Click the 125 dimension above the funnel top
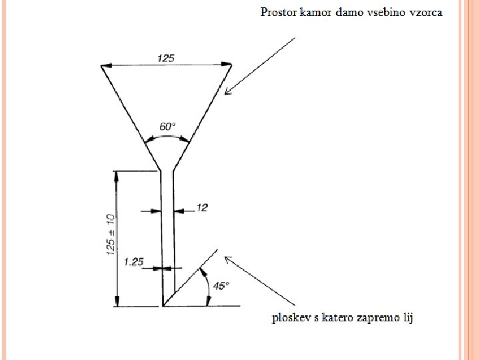[x=166, y=58]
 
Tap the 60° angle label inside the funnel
[x=168, y=125]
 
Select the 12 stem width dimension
[x=202, y=208]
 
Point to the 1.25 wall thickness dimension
[x=133, y=262]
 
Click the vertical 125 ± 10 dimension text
[x=110, y=234]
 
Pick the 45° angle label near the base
[x=221, y=285]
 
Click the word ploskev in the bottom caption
[x=289, y=317]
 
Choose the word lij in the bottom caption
[x=407, y=318]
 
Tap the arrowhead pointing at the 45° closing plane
[x=227, y=259]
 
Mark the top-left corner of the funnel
[x=101, y=65]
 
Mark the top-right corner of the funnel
[x=231, y=65]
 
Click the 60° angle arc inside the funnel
[x=167, y=136]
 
